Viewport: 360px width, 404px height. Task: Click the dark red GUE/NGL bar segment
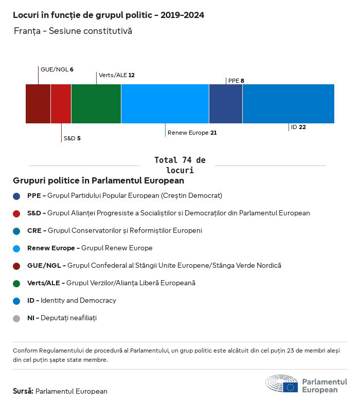click(38, 104)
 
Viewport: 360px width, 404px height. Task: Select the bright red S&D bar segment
click(61, 104)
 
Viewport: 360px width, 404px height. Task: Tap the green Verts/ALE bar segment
click(96, 104)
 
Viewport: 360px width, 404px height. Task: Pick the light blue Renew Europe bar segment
click(165, 104)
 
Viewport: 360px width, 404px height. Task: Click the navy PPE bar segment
click(226, 104)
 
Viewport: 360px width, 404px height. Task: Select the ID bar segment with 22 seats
click(289, 104)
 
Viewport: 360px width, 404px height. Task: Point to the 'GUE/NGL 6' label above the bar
click(57, 69)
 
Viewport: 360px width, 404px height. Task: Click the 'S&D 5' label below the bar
click(71, 138)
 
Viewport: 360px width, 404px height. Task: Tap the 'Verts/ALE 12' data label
click(117, 75)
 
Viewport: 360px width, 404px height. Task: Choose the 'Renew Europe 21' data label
click(192, 133)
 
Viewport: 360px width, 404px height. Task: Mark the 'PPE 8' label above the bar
click(236, 81)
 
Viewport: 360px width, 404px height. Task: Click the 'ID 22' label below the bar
click(298, 127)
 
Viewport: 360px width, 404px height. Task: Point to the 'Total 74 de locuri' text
click(179, 165)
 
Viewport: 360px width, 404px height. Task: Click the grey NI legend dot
click(16, 318)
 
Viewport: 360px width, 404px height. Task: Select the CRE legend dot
click(16, 231)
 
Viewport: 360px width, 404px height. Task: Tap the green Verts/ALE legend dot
click(16, 283)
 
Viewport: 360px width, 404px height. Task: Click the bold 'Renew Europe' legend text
click(53, 248)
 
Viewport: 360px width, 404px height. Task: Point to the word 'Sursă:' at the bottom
click(23, 392)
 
